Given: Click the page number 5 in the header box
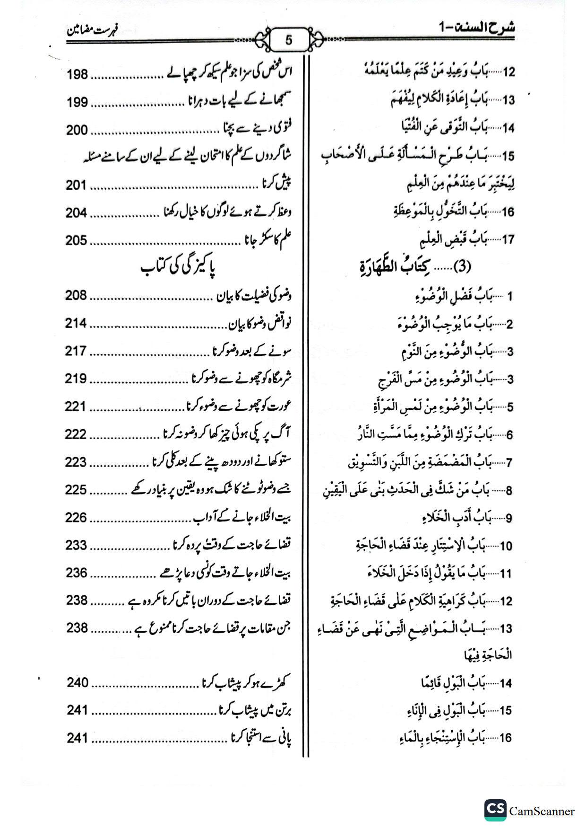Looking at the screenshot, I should [289, 40].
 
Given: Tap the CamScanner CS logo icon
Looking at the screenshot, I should [495, 811].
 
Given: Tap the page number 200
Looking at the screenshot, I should [77, 130].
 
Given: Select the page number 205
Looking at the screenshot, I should [77, 240].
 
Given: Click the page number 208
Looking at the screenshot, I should [77, 296].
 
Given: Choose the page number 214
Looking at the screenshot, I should [77, 324].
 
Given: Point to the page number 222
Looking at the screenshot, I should [77, 434].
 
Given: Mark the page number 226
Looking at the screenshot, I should [77, 518].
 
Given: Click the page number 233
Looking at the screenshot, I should [77, 545].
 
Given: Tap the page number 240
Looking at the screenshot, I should [77, 683].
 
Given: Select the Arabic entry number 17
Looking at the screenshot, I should [508, 239].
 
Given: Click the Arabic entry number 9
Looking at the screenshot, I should [509, 518].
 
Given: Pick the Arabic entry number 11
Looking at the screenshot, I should [506, 574].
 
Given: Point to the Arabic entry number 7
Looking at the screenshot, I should [509, 463].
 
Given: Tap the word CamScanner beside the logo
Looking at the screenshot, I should [542, 812].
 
